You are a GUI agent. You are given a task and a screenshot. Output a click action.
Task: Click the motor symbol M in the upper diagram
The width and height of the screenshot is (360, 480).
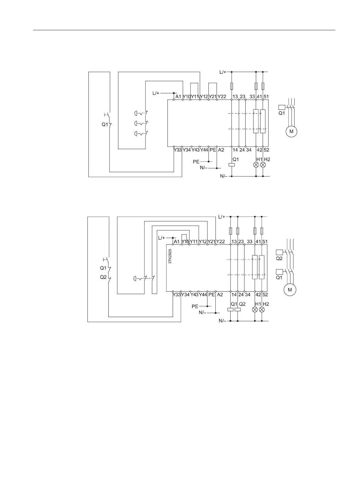tap(291, 132)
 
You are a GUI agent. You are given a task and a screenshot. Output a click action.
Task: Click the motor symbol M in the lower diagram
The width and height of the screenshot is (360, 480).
tap(290, 290)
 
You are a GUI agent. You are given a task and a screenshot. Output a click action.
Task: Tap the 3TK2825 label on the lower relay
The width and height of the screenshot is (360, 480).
tap(170, 256)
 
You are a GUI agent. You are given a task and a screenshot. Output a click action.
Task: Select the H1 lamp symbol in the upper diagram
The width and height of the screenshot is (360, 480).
tap(256, 165)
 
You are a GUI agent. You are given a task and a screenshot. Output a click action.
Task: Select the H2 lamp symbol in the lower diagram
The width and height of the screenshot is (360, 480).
tap(262, 309)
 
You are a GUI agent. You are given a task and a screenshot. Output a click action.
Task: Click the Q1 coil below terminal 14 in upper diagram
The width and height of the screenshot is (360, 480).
tap(231, 165)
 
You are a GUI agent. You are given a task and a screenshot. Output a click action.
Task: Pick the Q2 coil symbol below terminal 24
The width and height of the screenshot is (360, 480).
tap(238, 309)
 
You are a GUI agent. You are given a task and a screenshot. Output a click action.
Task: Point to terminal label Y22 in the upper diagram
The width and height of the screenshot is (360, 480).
tap(222, 97)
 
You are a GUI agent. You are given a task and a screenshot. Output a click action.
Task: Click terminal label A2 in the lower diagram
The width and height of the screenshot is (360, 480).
tap(220, 295)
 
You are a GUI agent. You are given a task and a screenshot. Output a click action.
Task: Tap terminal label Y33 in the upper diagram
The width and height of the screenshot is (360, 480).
tap(178, 150)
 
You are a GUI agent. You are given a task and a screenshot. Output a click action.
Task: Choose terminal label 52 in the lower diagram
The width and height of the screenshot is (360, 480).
tap(265, 295)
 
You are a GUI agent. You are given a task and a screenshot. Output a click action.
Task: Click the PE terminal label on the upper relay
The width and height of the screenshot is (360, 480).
tap(213, 150)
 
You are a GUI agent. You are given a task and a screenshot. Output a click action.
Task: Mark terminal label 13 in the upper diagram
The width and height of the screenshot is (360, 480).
tap(235, 97)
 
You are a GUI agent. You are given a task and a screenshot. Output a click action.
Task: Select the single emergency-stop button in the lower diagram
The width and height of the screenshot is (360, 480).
tap(136, 279)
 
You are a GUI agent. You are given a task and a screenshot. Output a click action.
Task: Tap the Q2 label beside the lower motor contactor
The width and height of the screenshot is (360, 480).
tap(279, 259)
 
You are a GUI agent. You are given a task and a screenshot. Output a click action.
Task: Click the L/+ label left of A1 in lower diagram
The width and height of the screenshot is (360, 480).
tap(162, 238)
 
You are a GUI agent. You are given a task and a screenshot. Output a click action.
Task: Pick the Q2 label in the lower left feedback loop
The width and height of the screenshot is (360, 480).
tap(103, 277)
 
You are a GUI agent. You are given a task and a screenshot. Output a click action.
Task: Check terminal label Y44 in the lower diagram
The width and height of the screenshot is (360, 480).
tap(203, 295)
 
